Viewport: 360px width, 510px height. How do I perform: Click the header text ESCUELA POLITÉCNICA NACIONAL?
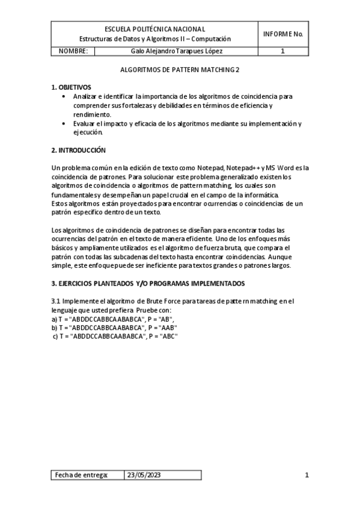coord(154,29)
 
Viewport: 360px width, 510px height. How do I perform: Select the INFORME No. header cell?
coord(282,34)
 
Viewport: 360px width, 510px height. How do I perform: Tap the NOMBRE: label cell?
coord(74,51)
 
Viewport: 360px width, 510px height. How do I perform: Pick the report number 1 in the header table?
coord(282,51)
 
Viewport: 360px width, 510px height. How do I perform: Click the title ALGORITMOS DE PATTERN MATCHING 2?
coord(179,70)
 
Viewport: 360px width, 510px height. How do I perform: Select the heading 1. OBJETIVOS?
coord(71,87)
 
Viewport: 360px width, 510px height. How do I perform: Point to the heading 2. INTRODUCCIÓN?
coord(79,149)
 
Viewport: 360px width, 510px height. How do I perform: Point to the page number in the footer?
coord(307,475)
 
